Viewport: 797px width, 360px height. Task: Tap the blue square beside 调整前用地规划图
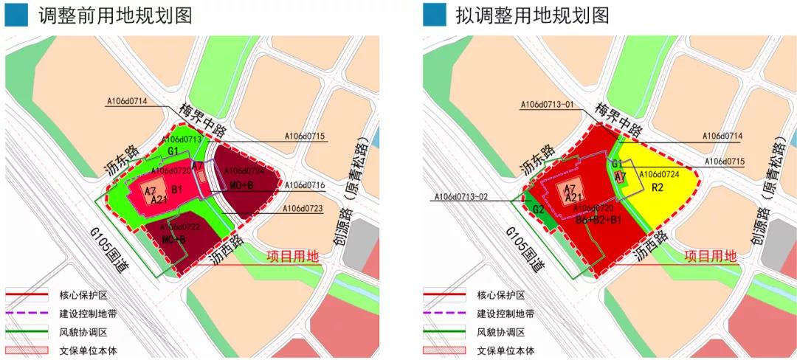(16, 15)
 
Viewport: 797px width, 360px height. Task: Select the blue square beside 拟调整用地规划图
(434, 15)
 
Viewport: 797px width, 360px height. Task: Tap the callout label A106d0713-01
(547, 105)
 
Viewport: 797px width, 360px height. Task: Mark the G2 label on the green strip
(539, 209)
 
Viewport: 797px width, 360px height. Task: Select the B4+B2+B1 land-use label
(598, 219)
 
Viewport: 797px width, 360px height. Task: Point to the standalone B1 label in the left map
(177, 190)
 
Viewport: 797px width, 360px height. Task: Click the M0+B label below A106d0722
(174, 240)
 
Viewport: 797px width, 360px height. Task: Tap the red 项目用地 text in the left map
(293, 257)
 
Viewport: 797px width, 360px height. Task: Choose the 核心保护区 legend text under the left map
(83, 295)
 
